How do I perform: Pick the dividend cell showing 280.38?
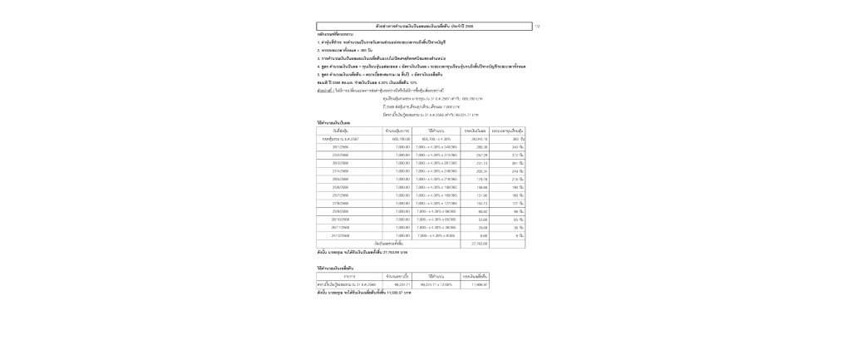(x=480, y=147)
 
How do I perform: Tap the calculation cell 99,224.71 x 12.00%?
(x=436, y=284)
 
